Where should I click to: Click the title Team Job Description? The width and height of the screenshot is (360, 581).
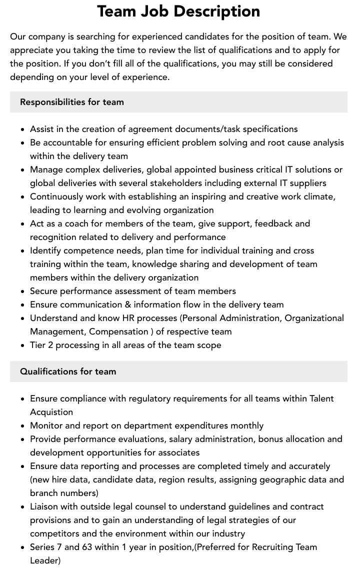[178, 11]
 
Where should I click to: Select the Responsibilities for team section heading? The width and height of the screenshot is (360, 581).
[71, 102]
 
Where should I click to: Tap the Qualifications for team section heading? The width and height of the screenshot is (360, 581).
[68, 371]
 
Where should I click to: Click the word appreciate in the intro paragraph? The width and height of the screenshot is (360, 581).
[33, 50]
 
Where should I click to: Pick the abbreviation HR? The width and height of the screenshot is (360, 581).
[128, 318]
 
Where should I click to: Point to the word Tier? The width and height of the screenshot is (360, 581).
[38, 345]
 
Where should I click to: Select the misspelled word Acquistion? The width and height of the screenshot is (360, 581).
[51, 412]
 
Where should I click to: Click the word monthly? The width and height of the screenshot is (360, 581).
[247, 425]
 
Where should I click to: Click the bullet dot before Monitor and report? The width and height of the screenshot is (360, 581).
[23, 426]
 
